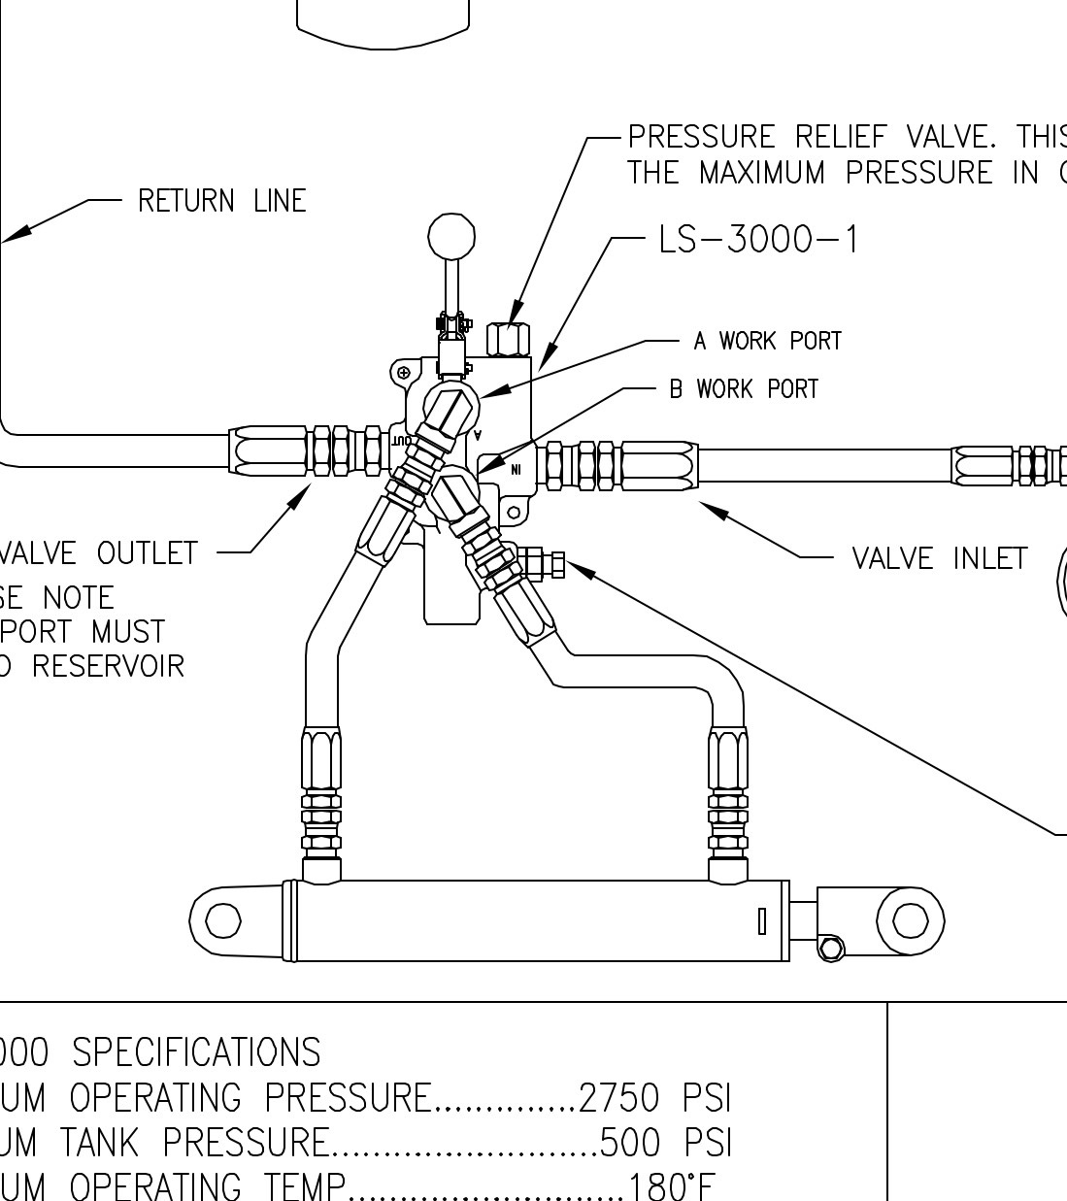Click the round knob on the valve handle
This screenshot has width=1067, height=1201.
click(x=451, y=237)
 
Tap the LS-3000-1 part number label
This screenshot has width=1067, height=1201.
click(x=758, y=239)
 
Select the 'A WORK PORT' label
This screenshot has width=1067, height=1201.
click(x=767, y=341)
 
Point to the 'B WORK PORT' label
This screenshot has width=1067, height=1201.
click(x=744, y=389)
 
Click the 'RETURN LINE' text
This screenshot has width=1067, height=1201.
click(x=221, y=201)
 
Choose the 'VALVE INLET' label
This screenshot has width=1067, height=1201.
click(x=939, y=558)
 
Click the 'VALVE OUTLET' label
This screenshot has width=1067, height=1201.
click(x=98, y=553)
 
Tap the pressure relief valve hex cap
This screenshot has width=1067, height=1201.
click(x=507, y=340)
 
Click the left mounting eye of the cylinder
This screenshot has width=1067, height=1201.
click(x=223, y=920)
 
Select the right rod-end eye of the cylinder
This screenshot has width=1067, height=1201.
click(x=910, y=919)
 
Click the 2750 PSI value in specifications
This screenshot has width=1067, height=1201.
click(x=653, y=1097)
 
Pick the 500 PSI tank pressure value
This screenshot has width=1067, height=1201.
click(x=665, y=1142)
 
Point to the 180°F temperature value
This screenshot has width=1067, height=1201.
click(x=672, y=1186)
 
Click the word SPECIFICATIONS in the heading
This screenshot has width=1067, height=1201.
click(x=197, y=1052)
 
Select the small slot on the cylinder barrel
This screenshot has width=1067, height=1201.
click(x=762, y=920)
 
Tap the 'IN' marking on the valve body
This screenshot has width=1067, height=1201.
click(x=516, y=470)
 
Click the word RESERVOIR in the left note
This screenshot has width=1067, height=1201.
click(x=108, y=667)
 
